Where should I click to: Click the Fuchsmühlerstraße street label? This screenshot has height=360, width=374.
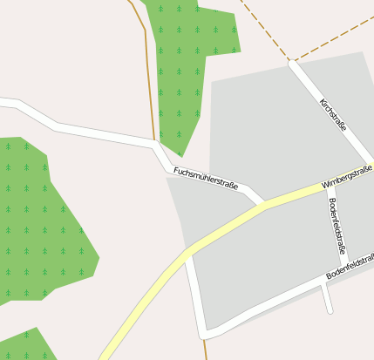206,178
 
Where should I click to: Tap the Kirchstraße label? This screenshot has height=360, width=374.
333,114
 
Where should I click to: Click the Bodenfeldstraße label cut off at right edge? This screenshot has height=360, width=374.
350,267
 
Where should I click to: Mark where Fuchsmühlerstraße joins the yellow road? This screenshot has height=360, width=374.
262,205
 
